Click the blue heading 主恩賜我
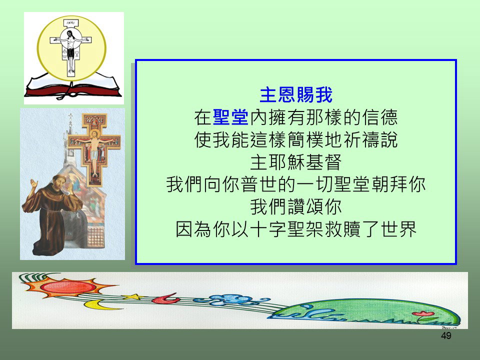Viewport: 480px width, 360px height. click(x=295, y=95)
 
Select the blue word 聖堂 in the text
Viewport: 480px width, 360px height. click(x=230, y=117)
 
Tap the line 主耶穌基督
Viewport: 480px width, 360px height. click(x=295, y=162)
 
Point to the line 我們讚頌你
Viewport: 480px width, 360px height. click(x=295, y=207)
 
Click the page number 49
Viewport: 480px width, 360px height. click(x=446, y=336)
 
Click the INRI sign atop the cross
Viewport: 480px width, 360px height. click(x=71, y=23)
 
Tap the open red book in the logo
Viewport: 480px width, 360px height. click(x=73, y=86)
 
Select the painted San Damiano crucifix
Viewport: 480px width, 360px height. click(x=94, y=149)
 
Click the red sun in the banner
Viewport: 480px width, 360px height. click(x=68, y=287)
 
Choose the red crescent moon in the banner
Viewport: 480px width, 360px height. click(x=166, y=299)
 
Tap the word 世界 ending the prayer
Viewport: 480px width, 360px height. click(x=399, y=229)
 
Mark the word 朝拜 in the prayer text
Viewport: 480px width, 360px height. click(x=389, y=184)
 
